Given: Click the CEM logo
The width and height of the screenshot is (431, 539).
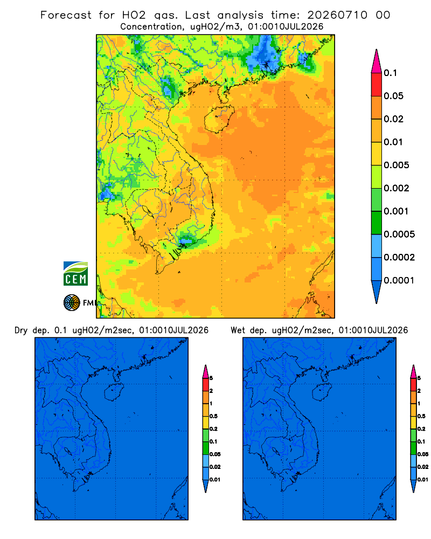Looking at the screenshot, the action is point(75,274).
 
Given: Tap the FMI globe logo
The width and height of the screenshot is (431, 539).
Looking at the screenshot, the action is point(72,303).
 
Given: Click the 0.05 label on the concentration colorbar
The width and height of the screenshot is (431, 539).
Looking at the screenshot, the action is point(393,96).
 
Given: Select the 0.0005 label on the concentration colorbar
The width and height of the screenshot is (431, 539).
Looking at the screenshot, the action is point(399,234).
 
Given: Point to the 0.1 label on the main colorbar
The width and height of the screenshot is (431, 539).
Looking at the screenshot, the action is point(390,73).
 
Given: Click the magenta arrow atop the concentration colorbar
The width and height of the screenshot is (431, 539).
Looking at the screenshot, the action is point(377,61).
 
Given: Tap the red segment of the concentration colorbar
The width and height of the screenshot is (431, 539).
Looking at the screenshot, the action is point(377,85).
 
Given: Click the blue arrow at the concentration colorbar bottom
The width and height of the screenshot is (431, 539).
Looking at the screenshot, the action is point(377,292).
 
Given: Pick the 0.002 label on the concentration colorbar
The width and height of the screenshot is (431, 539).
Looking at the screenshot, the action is point(397,188).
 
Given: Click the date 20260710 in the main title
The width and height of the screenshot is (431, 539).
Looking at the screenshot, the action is point(337,15).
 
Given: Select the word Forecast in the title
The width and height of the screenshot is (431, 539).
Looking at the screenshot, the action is point(66,15).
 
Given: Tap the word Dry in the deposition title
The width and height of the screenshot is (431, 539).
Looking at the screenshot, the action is point(21,330).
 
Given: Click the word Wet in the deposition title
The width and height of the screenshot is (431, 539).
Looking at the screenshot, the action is point(238,330).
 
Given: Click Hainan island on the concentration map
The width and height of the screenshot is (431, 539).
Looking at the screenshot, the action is point(219,119).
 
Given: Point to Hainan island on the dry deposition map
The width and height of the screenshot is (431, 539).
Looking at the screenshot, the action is point(114,392).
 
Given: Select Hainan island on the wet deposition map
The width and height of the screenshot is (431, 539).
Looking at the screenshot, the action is point(322,392).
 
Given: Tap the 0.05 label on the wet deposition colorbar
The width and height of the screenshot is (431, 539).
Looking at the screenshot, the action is point(423,454).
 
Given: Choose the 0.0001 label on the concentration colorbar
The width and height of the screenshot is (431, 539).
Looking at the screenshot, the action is point(399,280).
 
